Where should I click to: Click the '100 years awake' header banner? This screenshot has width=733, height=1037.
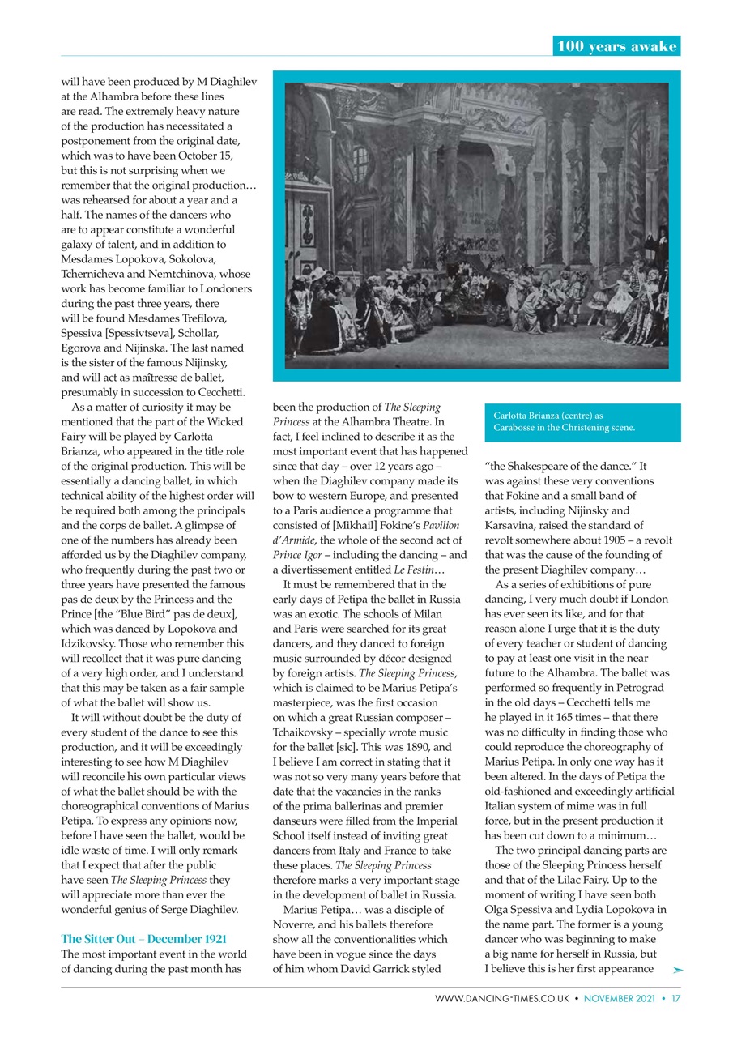(x=616, y=46)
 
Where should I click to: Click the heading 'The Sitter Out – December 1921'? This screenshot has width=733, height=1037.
(x=143, y=939)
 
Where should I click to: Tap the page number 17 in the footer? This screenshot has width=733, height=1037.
(x=675, y=999)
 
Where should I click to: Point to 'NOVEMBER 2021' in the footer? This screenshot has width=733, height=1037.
(x=622, y=999)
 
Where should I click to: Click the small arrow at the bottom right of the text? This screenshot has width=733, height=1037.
(x=678, y=969)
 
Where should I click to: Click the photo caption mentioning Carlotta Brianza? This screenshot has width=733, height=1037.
(x=564, y=421)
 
